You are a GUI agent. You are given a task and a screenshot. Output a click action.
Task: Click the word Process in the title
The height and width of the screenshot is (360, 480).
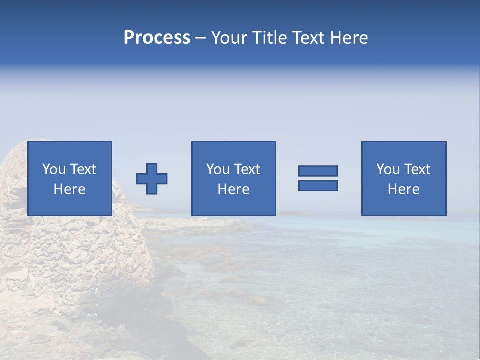(x=157, y=38)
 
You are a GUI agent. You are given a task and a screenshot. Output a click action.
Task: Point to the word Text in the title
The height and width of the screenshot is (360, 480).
(x=311, y=38)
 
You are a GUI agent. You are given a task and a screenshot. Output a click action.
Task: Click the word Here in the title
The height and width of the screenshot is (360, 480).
(x=350, y=38)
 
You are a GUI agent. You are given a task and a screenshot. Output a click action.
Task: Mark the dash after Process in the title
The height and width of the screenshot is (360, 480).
(x=200, y=38)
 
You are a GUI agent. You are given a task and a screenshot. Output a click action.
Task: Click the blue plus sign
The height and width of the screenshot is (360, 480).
(x=152, y=179)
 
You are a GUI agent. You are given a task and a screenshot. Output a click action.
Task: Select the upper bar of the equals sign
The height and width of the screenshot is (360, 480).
(x=318, y=171)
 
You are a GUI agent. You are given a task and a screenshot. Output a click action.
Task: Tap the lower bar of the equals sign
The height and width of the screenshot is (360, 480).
(x=318, y=185)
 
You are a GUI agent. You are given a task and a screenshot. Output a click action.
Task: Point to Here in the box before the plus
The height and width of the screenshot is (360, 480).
(x=69, y=189)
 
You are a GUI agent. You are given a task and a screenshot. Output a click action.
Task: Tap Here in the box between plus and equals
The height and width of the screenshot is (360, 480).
(x=233, y=189)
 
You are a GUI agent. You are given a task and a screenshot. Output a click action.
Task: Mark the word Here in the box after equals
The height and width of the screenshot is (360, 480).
(x=403, y=189)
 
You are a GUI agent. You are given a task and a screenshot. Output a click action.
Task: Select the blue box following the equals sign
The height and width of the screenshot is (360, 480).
(x=404, y=205)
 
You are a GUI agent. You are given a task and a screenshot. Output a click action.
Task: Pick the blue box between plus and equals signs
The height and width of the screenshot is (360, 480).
(x=234, y=205)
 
